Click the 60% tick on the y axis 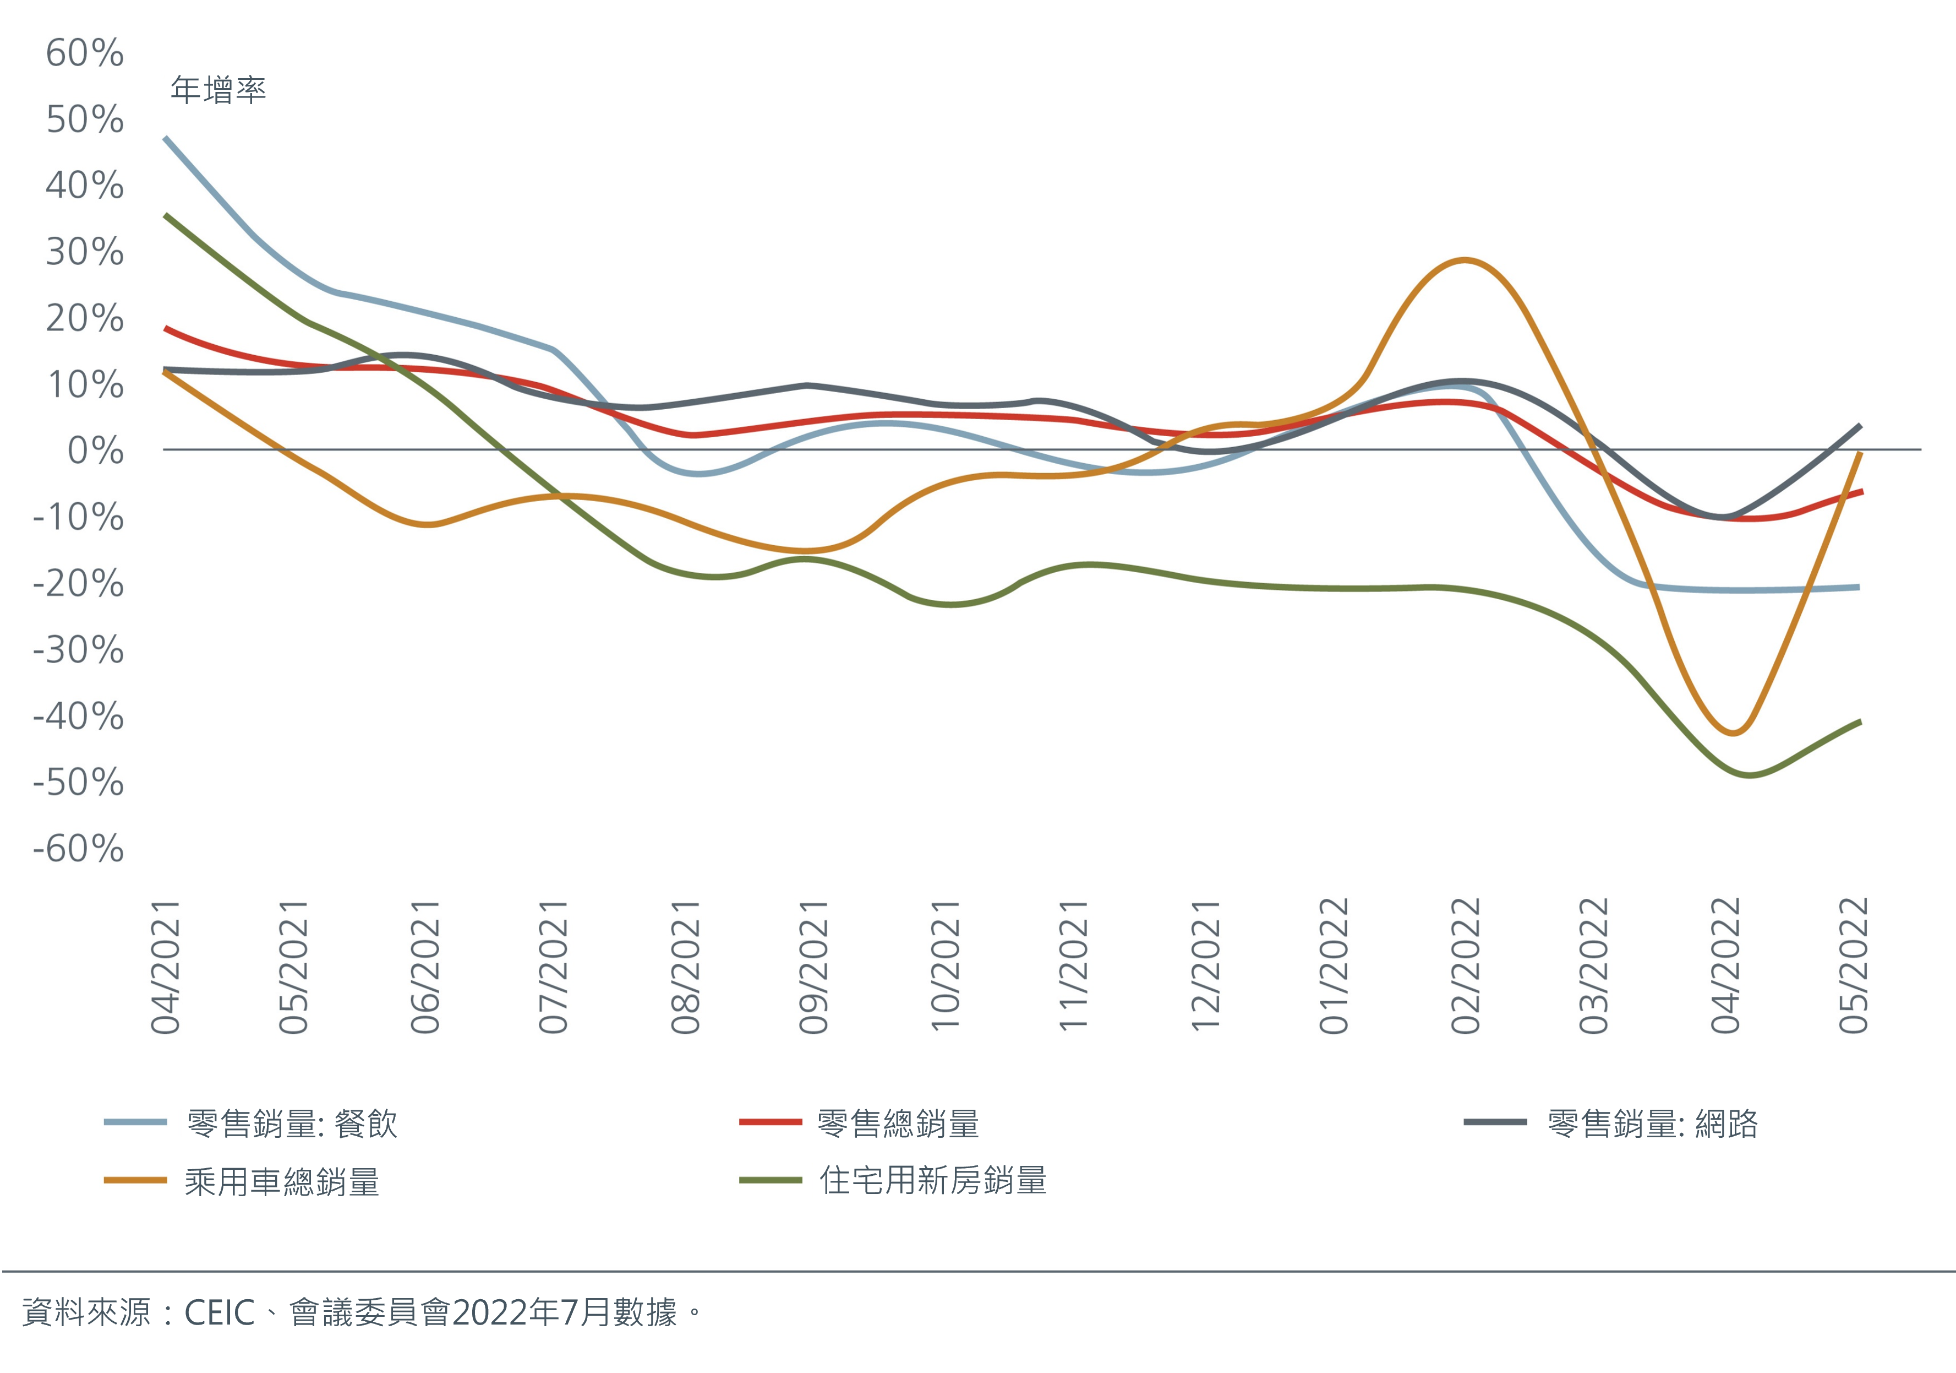pos(84,53)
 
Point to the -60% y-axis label pos(78,849)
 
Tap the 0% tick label pos(95,451)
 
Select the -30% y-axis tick pos(78,650)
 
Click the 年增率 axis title pos(218,89)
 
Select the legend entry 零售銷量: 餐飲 pos(291,1124)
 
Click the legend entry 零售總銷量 pos(898,1124)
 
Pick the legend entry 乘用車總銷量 pos(281,1182)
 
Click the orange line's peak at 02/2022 pos(1463,260)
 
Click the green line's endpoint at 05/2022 pos(1860,722)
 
